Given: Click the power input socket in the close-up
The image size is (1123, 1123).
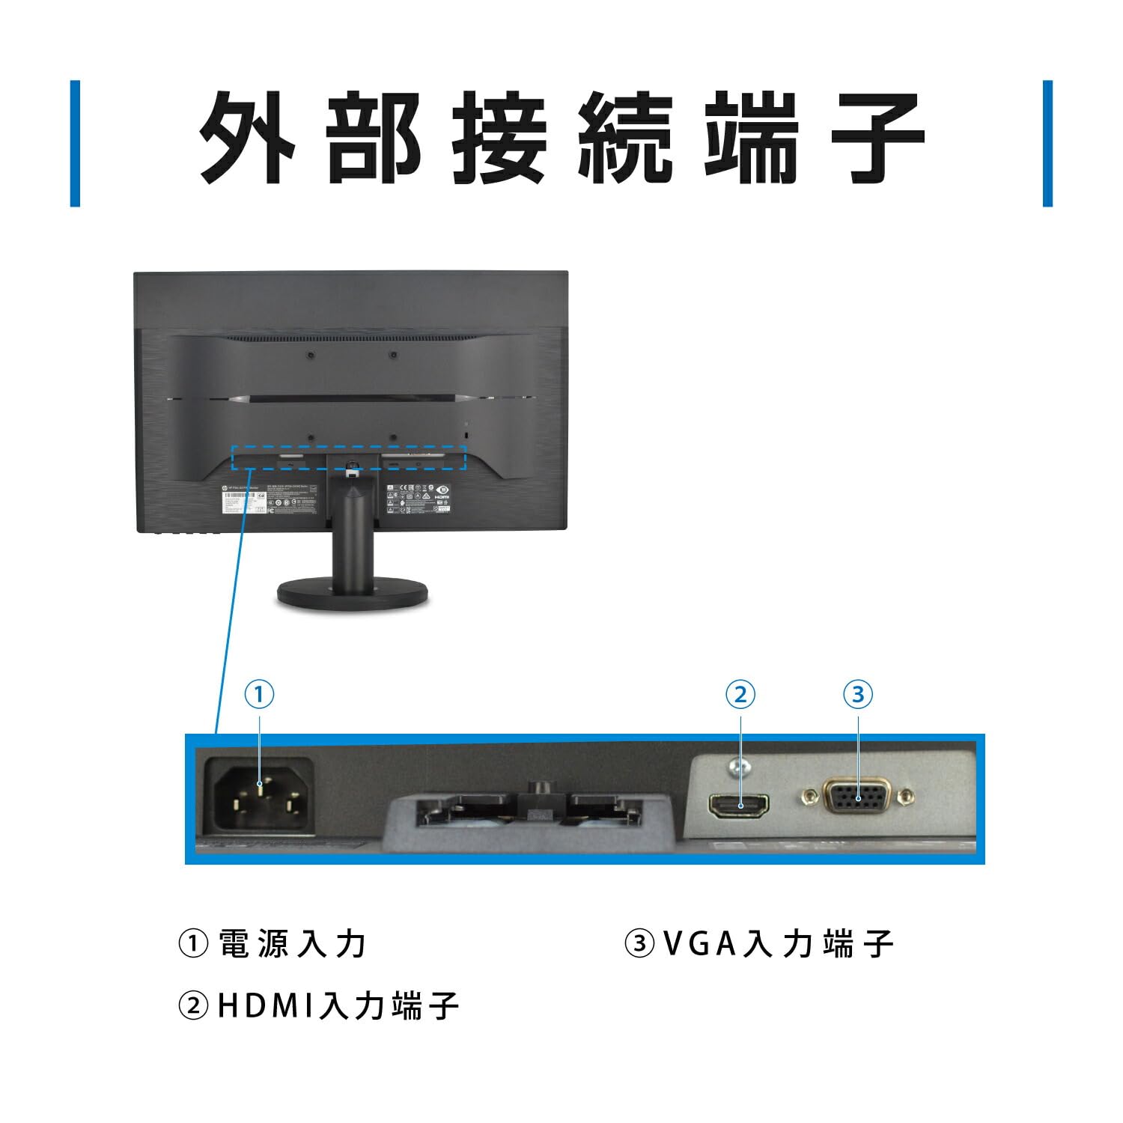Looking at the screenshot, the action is pyautogui.click(x=258, y=795).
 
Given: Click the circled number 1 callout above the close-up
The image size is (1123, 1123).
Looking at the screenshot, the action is pyautogui.click(x=259, y=695).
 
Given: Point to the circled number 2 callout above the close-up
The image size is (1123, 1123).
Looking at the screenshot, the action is pyautogui.click(x=740, y=695).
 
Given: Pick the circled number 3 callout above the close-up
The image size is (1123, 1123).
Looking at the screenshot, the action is pyautogui.click(x=858, y=695).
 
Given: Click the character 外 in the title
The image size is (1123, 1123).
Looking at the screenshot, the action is pyautogui.click(x=247, y=139).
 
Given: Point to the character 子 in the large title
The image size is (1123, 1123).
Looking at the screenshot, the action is pyautogui.click(x=877, y=139).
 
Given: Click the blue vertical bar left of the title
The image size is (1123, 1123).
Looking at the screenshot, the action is pyautogui.click(x=75, y=143).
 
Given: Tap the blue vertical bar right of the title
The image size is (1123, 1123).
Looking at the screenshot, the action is pyautogui.click(x=1047, y=143).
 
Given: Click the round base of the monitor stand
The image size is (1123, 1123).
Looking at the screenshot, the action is pyautogui.click(x=353, y=595).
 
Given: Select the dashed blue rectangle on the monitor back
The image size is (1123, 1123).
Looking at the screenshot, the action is pyautogui.click(x=349, y=458).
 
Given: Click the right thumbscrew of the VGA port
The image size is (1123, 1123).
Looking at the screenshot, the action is pyautogui.click(x=908, y=795).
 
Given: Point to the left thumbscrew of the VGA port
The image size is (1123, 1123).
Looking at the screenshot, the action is pyautogui.click(x=809, y=795).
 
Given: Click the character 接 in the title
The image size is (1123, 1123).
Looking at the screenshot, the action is pyautogui.click(x=499, y=139).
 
